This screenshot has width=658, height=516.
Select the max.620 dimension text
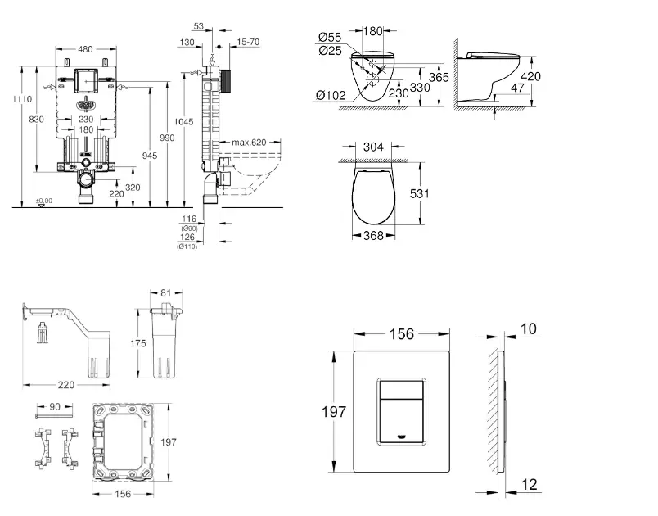tap(249, 143)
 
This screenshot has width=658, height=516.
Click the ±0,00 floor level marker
tap(43, 200)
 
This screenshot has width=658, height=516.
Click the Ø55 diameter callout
tap(329, 37)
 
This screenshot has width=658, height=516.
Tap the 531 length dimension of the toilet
tap(419, 194)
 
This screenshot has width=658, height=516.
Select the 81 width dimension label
tap(167, 292)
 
